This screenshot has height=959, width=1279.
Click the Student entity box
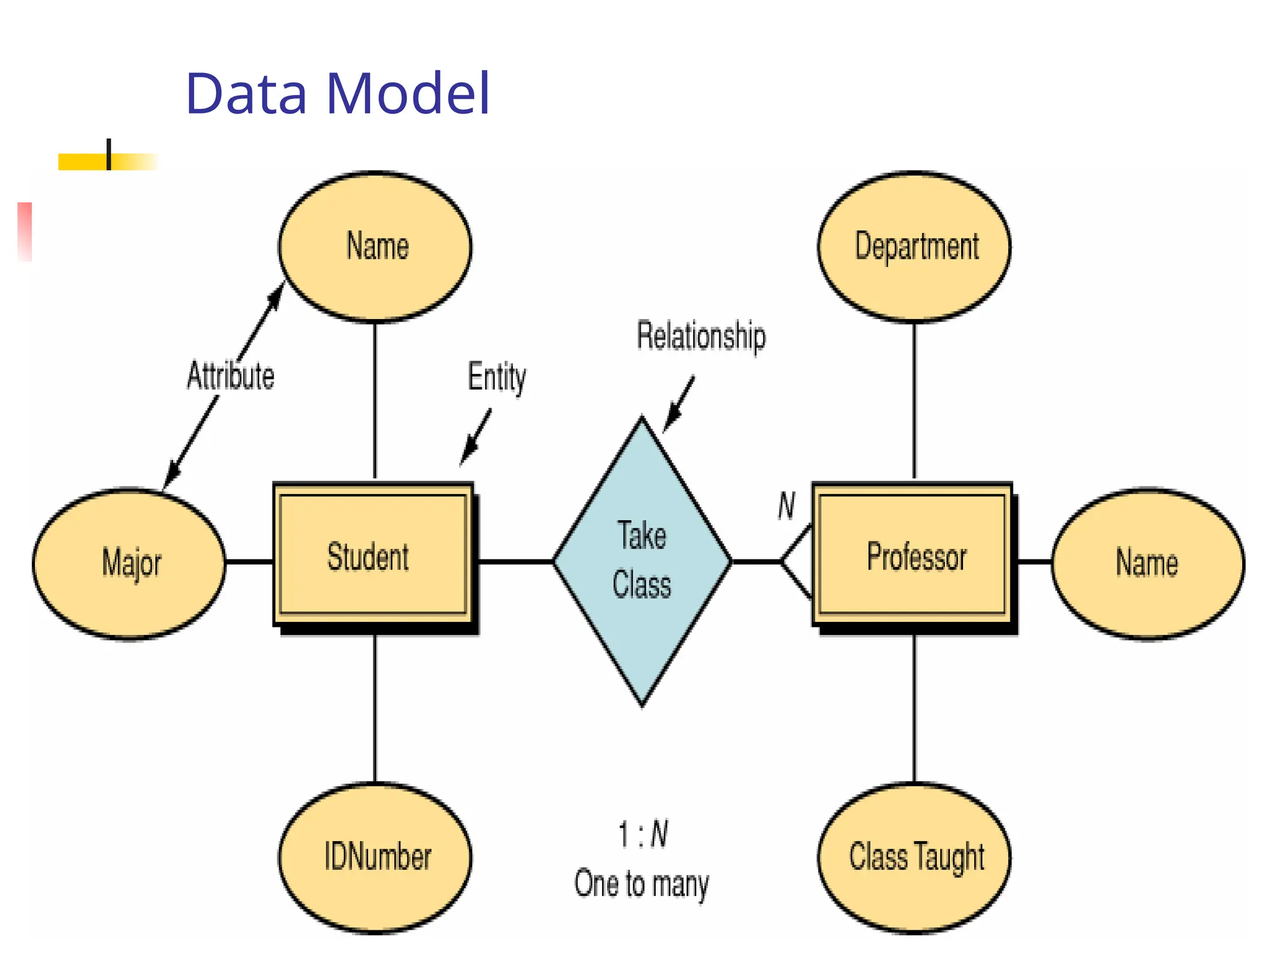tap(373, 555)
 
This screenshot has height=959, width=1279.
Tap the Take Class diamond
tap(642, 561)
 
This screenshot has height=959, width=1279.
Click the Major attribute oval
tap(129, 563)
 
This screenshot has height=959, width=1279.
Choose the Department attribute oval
tap(914, 247)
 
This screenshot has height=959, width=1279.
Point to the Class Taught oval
tap(914, 857)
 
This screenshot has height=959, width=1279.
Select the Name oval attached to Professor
tap(1148, 563)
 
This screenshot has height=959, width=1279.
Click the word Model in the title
tap(408, 94)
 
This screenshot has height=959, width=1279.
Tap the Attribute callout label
tap(230, 376)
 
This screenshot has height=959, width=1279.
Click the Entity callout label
tap(497, 377)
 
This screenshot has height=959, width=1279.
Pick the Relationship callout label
tap(701, 336)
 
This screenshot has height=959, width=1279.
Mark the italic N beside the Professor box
tap(787, 506)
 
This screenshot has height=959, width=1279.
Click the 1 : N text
tap(643, 835)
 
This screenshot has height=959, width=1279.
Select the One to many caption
tap(642, 884)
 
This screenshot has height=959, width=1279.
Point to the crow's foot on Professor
tap(796, 561)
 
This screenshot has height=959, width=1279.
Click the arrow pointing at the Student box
tap(475, 438)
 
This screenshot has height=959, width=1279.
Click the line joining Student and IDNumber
tap(375, 709)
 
